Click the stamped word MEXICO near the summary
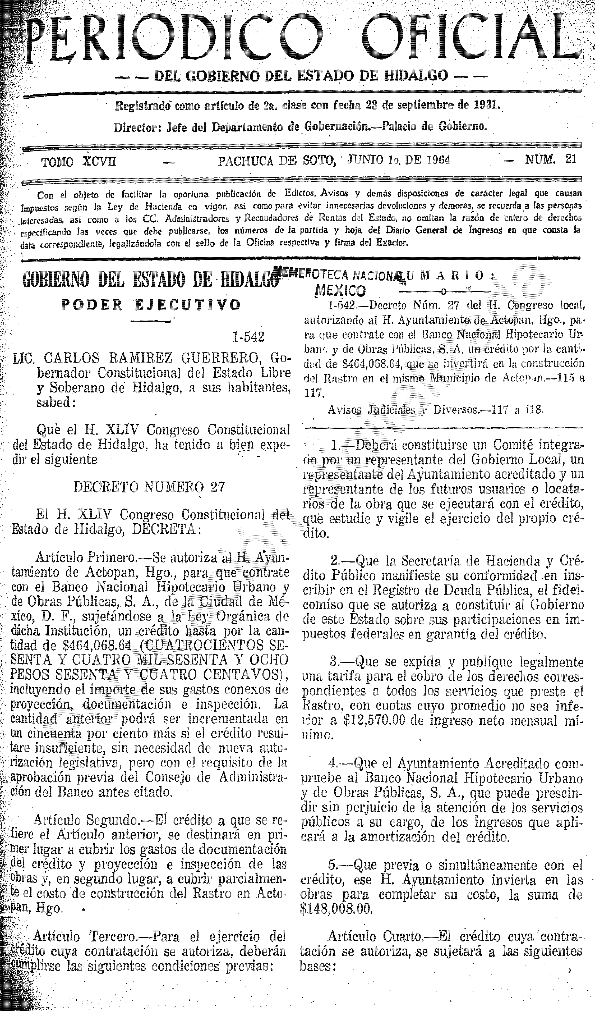click(341, 290)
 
